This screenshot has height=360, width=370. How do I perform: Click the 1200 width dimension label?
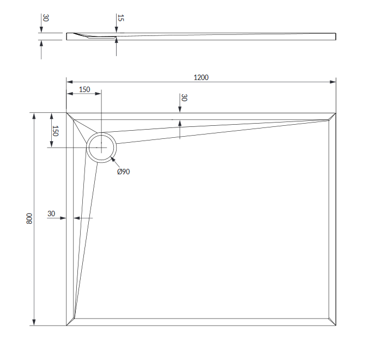[x=201, y=77]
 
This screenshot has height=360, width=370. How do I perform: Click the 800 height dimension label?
[x=29, y=218]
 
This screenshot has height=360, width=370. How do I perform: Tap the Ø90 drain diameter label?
[x=123, y=172]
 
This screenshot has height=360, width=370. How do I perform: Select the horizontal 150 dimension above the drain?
[x=84, y=89]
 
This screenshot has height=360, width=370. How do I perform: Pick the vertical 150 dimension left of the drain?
[x=55, y=131]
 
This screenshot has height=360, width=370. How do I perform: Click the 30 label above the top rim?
[x=184, y=98]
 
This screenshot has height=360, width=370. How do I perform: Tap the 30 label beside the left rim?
[x=51, y=213]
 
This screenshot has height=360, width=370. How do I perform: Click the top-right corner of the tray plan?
[x=336, y=113]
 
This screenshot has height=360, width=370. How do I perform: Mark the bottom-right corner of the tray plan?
[x=336, y=326]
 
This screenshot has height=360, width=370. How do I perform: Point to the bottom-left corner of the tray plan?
[x=66, y=326]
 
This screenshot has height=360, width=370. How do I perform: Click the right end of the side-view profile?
[x=336, y=36]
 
